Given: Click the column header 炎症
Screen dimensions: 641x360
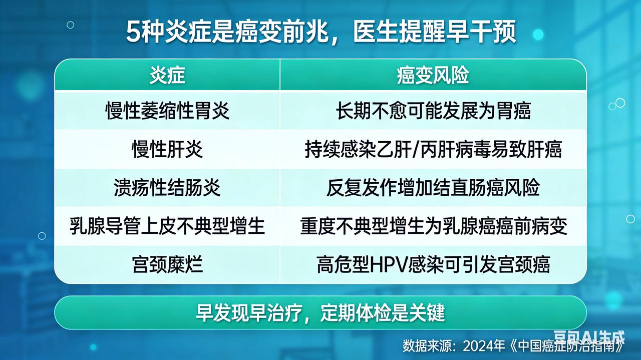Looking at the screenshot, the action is pyautogui.click(x=167, y=76).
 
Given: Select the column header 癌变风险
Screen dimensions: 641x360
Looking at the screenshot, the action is pyautogui.click(x=433, y=76).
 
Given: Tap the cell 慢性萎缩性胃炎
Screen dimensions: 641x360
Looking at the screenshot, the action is pyautogui.click(x=167, y=111).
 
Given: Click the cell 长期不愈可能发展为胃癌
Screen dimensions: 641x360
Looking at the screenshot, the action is pyautogui.click(x=433, y=111).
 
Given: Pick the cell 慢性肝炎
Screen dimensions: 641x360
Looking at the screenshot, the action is pyautogui.click(x=167, y=149).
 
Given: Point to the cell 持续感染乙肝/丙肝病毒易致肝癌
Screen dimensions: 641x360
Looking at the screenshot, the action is pyautogui.click(x=433, y=149).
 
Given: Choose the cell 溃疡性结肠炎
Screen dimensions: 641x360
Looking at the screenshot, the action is pyautogui.click(x=167, y=188).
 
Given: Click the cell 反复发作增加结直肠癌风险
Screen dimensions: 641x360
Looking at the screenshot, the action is pyautogui.click(x=433, y=188).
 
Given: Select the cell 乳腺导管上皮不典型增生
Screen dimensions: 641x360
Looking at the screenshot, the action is pyautogui.click(x=167, y=226).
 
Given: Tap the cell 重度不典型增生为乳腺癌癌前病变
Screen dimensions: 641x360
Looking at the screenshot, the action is pyautogui.click(x=433, y=226).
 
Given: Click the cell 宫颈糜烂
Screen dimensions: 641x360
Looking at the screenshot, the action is pyautogui.click(x=167, y=264).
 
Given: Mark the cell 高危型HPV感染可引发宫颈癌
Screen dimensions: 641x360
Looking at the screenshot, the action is pyautogui.click(x=433, y=264).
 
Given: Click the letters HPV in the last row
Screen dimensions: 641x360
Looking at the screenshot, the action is pyautogui.click(x=389, y=265).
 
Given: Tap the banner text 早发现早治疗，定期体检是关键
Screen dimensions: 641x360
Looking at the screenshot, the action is pyautogui.click(x=320, y=313).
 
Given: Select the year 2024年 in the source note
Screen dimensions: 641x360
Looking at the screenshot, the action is pyautogui.click(x=484, y=345).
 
